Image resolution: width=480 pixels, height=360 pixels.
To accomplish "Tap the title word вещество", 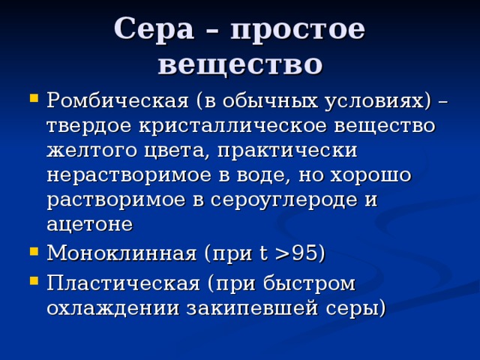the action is coord(240,64).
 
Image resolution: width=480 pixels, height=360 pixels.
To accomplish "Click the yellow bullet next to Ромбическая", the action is coord(34,98).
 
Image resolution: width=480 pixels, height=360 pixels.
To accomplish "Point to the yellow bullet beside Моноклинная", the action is coord(34,252).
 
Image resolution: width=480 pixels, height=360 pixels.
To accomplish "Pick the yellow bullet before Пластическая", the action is coord(34,280).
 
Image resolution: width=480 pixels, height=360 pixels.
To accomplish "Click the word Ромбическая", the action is coord(118,101).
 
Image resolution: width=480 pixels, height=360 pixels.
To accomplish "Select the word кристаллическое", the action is coord(232,125).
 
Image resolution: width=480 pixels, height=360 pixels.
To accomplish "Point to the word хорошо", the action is coord(370,175).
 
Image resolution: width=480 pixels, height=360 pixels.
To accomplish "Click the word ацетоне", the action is coord(90,225).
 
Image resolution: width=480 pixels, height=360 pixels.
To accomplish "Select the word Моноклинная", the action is coord(121,253).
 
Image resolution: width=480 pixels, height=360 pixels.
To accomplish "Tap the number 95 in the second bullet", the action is coord(305,253).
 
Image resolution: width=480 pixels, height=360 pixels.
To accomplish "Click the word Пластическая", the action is coord(123,283).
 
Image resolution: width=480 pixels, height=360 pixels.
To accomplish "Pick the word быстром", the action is coord(309,284).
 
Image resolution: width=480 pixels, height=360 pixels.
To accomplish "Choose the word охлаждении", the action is coord(113,307).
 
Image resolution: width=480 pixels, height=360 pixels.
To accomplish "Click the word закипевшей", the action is coord(252,308).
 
